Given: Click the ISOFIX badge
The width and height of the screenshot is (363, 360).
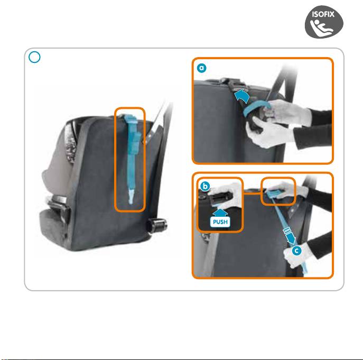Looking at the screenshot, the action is point(324,22).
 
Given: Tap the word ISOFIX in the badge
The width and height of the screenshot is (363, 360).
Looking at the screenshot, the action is point(323,14).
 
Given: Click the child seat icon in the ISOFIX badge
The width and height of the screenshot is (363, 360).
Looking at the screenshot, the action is point(321,27).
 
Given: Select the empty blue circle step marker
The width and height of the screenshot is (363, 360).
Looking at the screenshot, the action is point(34,57).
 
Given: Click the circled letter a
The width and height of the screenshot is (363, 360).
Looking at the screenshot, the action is point(202,68).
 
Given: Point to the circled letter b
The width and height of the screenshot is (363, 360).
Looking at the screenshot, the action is point(205,186).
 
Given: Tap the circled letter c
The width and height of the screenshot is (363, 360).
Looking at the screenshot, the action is point(297,251).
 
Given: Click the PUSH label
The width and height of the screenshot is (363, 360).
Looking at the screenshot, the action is point(220,222).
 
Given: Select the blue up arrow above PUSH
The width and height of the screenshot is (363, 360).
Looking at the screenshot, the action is point(220,213).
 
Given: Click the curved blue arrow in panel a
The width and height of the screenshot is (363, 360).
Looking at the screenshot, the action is point(242,96).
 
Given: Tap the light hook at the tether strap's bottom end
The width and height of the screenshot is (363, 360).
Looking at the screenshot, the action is point(131,197).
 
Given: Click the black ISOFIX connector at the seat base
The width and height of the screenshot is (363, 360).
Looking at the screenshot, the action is point(157,225).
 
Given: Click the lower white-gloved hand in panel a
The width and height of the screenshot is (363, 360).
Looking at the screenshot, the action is point(268,132).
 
